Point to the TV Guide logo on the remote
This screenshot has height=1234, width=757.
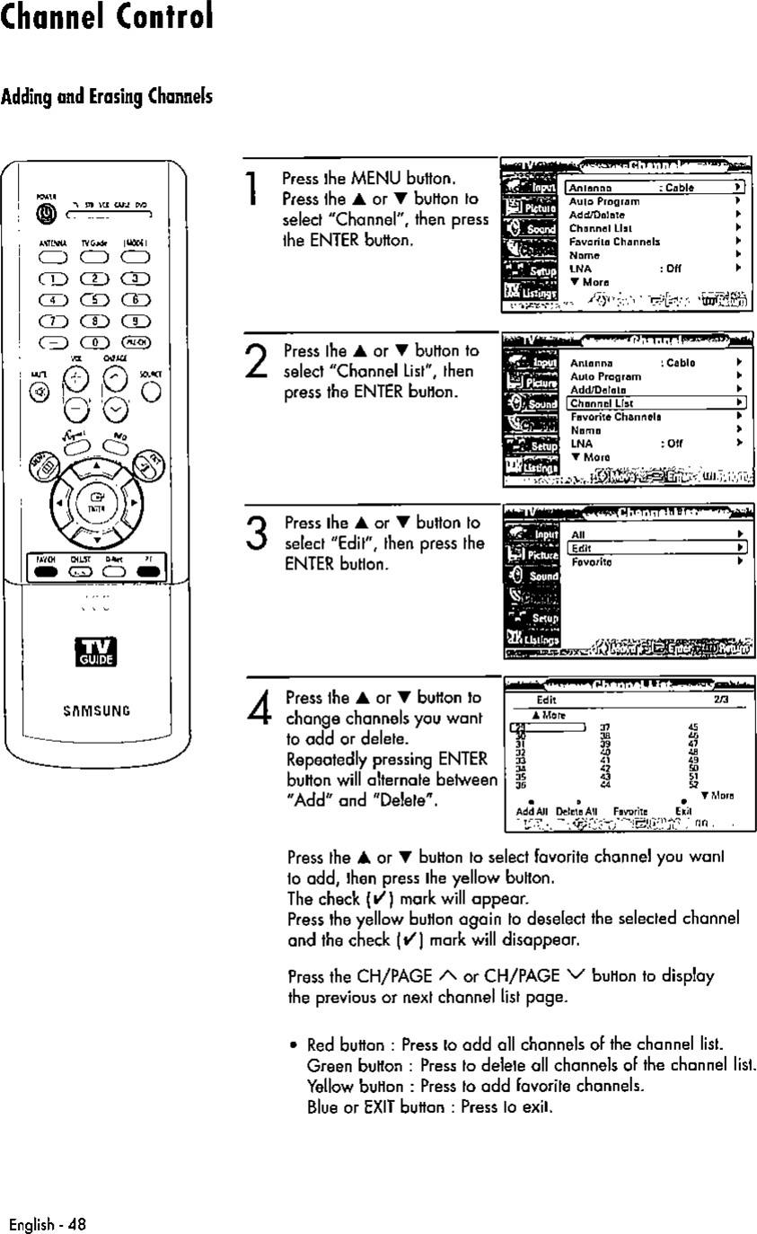click(93, 653)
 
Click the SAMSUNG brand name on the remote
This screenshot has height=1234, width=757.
click(93, 710)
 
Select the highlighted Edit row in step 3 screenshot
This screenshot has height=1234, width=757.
click(654, 547)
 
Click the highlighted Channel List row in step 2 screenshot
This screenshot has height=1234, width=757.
click(654, 404)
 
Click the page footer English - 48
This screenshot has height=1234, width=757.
click(47, 1222)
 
